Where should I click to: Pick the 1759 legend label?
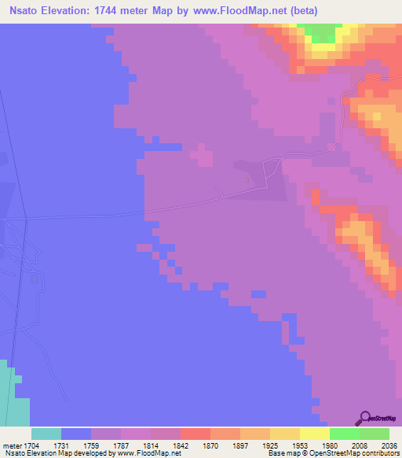click(76, 445)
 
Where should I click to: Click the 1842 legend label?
click(166, 445)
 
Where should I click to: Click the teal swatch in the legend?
click(46, 434)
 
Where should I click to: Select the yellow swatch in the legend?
click(315, 434)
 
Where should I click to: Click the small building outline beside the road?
click(248, 180)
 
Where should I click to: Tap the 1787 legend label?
click(106, 445)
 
